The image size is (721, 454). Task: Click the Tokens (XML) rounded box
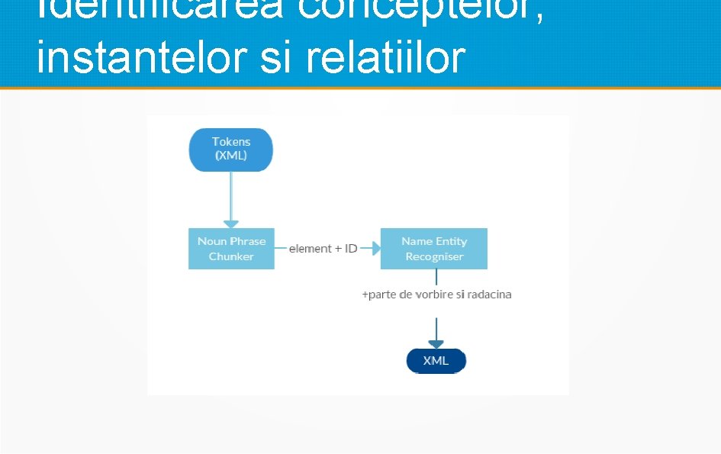pos(231,149)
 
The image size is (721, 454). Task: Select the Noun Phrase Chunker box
pos(231,249)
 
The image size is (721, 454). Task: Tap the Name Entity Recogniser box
pos(433,249)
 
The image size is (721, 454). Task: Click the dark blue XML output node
pos(436,361)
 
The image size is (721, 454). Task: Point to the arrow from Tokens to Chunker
pos(231,198)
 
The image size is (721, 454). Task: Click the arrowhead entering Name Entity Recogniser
pos(374,249)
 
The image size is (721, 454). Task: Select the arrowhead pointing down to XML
pos(436,343)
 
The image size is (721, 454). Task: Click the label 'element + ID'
pos(323,249)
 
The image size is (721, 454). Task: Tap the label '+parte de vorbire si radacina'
pos(436,295)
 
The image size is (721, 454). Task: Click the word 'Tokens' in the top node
pos(231,141)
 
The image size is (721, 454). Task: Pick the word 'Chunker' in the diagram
pos(231,256)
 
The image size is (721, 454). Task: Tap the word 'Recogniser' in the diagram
pos(434,256)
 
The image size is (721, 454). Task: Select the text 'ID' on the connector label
pos(351,249)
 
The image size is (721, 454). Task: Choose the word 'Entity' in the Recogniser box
pos(452,241)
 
